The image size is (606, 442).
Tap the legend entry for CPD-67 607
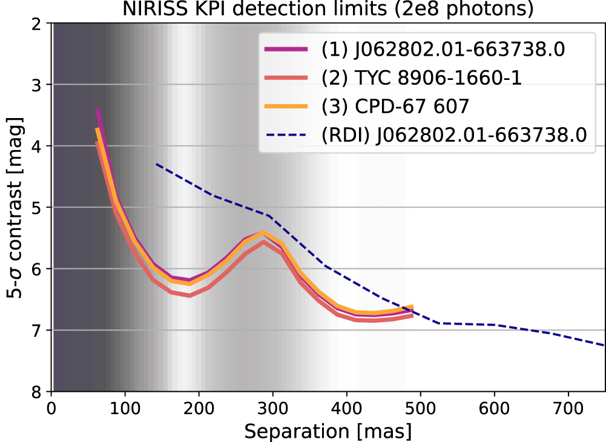click(x=395, y=107)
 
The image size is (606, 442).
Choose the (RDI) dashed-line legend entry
click(x=454, y=134)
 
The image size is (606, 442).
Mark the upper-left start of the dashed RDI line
click(x=156, y=163)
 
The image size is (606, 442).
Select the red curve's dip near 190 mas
click(x=189, y=295)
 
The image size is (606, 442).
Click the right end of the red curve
click(x=412, y=315)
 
